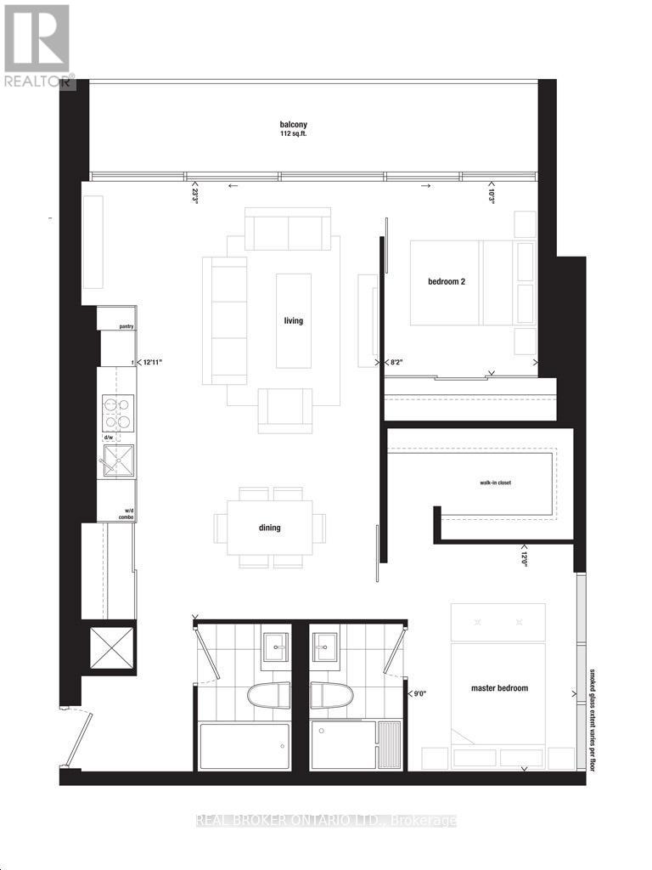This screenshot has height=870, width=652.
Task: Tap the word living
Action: coord(294,321)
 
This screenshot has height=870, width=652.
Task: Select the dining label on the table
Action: coord(270,528)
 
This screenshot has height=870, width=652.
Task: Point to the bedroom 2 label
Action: coord(447,282)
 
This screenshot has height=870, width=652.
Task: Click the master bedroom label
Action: coord(499,688)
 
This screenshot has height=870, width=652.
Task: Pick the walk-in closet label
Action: coord(495,483)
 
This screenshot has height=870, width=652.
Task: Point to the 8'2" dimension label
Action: coord(395,362)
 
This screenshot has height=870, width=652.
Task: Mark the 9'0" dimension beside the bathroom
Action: coord(418,694)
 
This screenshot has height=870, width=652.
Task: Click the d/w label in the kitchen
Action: coord(109,438)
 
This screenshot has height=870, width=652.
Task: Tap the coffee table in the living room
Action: coord(294,320)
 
